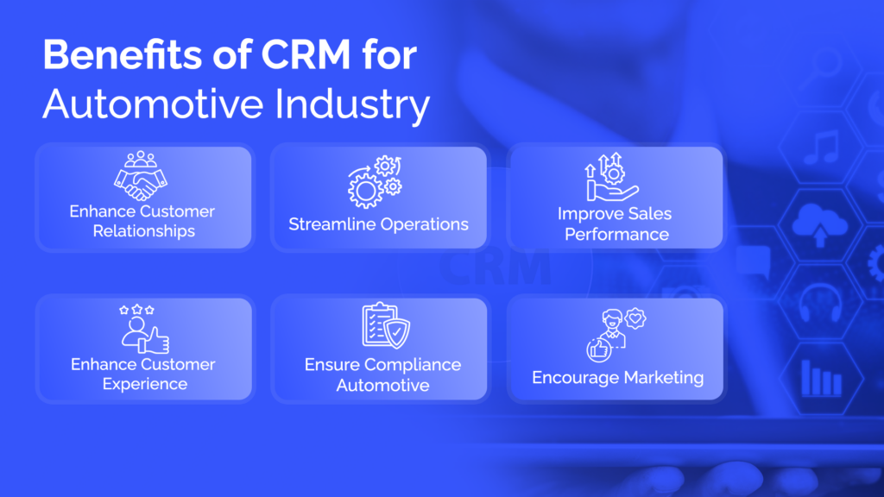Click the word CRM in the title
[x=306, y=54]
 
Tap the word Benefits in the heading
[x=123, y=54]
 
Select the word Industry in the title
[x=352, y=104]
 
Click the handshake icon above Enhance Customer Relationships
[x=141, y=176]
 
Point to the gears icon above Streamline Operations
[x=375, y=182]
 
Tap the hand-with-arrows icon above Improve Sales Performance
[x=611, y=177]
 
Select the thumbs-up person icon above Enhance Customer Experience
[x=144, y=329]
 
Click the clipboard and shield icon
[x=386, y=325]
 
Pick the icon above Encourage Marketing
[x=616, y=335]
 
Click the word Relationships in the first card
[x=144, y=231]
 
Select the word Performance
[x=616, y=235]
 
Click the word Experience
[x=145, y=384]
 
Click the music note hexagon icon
[x=822, y=148]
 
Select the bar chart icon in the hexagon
[x=822, y=378]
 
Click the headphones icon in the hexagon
[x=821, y=302]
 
